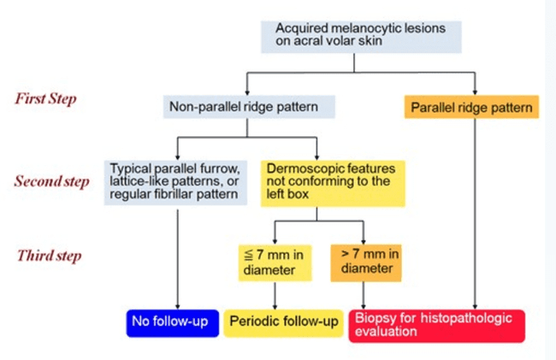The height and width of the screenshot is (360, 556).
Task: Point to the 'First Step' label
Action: pyautogui.click(x=46, y=98)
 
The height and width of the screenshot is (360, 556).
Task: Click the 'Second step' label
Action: pyautogui.click(x=51, y=182)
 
